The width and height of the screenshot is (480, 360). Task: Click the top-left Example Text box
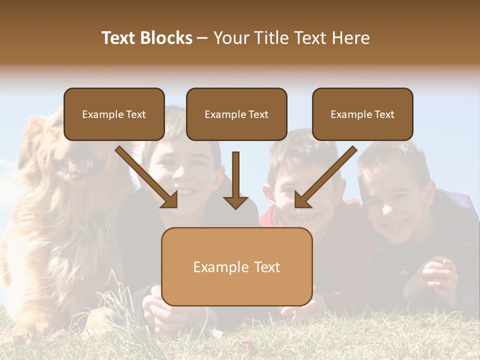tap(114, 114)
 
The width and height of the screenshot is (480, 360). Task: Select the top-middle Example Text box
tap(236, 114)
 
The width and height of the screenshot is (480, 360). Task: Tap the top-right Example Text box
tap(362, 114)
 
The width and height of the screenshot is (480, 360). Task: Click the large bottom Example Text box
tap(236, 267)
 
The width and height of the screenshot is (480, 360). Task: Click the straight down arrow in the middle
tap(235, 180)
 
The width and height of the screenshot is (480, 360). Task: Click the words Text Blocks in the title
tap(147, 38)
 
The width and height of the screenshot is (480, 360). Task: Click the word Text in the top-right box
tap(384, 114)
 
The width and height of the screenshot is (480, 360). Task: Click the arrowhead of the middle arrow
tap(235, 202)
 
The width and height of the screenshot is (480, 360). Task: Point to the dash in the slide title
tap(202, 38)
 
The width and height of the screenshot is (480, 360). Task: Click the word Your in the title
tap(231, 38)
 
